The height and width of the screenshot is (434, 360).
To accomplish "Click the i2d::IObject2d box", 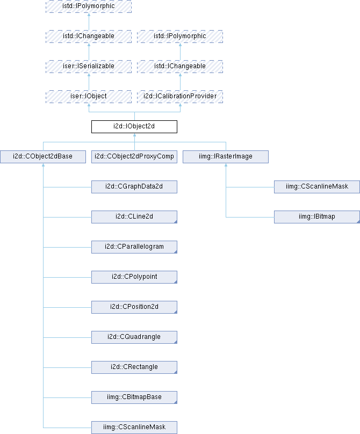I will click(134, 127).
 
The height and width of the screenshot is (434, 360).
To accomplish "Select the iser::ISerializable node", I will click(89, 67).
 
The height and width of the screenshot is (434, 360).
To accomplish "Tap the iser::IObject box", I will click(89, 97).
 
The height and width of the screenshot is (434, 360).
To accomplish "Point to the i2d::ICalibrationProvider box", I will click(179, 97).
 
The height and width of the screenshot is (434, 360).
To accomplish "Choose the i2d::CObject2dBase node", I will click(43, 157).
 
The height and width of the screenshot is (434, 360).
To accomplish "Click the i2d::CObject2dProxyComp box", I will click(134, 157).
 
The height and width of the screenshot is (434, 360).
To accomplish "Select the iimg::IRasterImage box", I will click(225, 157).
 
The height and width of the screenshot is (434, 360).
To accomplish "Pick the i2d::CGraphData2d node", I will click(134, 187).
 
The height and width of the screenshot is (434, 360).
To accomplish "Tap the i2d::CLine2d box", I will click(134, 217).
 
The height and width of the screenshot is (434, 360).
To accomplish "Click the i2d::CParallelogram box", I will click(134, 247).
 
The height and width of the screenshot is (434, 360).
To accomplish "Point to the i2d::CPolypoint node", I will click(134, 277).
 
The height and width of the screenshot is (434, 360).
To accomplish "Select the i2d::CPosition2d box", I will click(134, 307).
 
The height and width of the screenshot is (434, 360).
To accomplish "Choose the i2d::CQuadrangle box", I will click(134, 337).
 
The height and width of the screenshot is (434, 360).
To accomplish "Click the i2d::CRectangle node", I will click(134, 367).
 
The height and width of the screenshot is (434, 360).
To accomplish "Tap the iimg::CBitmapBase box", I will click(134, 397).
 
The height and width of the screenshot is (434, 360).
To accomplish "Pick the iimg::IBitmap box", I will click(316, 217).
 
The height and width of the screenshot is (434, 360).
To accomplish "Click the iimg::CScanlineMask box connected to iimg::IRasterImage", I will click(316, 187).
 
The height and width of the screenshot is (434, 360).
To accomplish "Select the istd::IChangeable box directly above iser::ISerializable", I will click(89, 37).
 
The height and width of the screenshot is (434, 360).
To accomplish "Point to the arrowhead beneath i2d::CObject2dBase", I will click(43, 167).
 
